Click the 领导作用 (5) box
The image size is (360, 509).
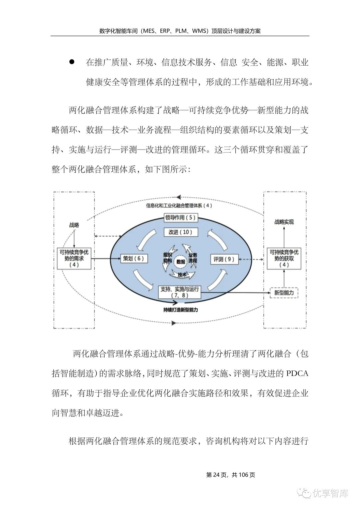coord(180,218)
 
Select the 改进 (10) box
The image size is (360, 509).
coord(181,232)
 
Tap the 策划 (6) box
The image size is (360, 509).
coord(133,258)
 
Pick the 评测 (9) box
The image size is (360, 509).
coord(224,259)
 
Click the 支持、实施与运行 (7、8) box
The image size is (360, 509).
coord(180,292)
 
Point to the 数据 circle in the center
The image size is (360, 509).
coord(181,262)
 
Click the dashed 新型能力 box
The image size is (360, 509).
coord(284,292)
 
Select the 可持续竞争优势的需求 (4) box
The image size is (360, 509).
coord(74,258)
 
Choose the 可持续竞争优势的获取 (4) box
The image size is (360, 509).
coord(284,258)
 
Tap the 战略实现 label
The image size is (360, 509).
coord(284,222)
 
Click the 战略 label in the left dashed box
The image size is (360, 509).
coord(74,225)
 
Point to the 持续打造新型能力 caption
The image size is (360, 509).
coord(181,310)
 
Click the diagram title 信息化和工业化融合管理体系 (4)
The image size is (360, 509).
coord(179,206)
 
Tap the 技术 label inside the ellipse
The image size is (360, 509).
coord(182,275)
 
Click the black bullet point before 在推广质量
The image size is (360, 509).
coord(72,62)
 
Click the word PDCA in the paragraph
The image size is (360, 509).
coord(297,373)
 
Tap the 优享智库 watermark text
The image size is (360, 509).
coord(330,493)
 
